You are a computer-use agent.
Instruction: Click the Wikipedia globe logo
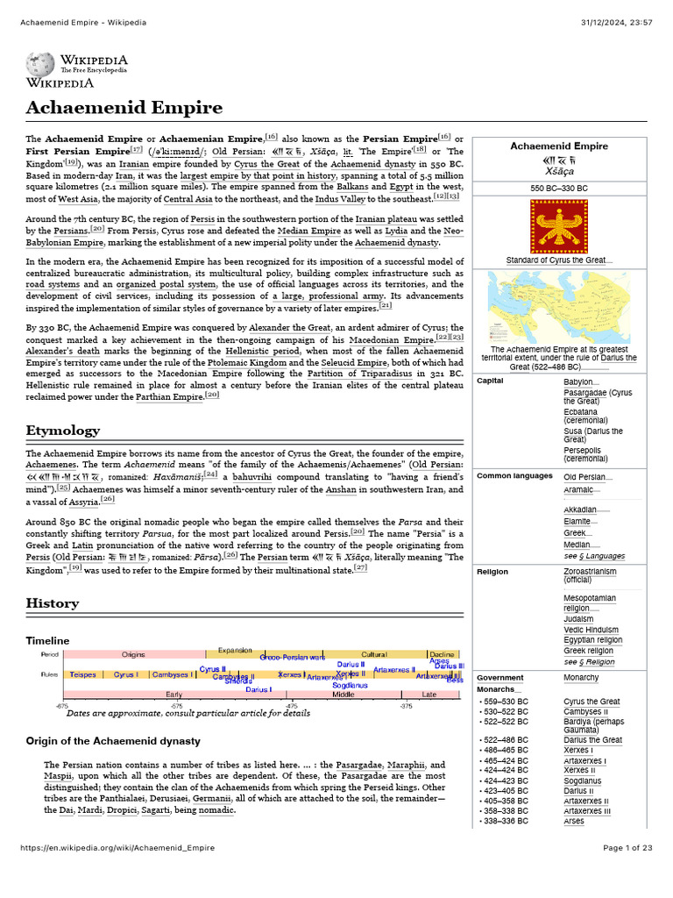[40, 64]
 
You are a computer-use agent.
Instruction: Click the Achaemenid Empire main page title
[124, 108]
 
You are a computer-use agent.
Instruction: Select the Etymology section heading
[63, 430]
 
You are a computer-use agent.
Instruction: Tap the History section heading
[53, 603]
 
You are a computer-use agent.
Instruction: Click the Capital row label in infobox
[490, 381]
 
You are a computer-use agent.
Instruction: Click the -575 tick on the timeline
[177, 705]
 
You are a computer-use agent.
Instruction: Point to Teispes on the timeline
[83, 674]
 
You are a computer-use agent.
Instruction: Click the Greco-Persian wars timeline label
[292, 657]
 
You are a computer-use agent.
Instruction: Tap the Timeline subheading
[47, 641]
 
